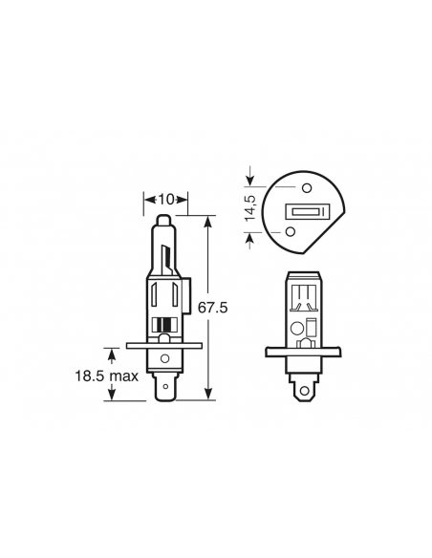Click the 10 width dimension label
pyautogui.click(x=166, y=199)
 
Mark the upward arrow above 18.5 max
pyautogui.click(x=114, y=355)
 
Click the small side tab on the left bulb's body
pyautogui.click(x=192, y=287)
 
